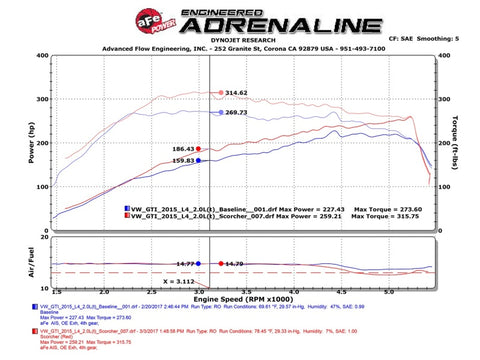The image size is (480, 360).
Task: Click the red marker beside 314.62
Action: [x=221, y=93]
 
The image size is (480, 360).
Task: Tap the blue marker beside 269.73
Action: [x=221, y=112]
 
